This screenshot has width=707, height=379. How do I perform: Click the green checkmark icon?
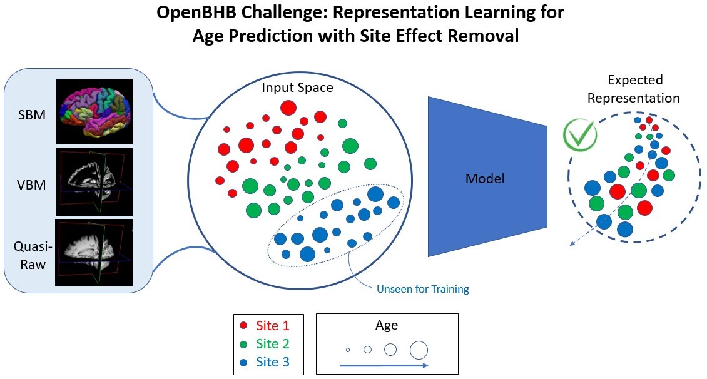579,134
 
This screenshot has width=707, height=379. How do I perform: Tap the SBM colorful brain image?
95,111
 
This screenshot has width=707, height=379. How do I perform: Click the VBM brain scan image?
95,181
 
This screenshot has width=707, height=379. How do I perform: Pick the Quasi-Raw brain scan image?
95,251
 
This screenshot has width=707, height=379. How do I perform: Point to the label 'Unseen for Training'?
422,289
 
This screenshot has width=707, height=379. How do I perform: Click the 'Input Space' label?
298,88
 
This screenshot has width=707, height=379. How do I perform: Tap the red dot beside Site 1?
243,325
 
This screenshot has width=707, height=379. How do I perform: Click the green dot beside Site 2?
243,343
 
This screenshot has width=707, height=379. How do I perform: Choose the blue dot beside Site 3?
243,362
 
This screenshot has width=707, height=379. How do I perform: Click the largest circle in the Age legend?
419,349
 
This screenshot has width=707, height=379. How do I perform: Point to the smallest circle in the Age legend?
348,350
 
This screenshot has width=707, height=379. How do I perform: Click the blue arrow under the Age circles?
384,365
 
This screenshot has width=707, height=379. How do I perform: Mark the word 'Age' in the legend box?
386,325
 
